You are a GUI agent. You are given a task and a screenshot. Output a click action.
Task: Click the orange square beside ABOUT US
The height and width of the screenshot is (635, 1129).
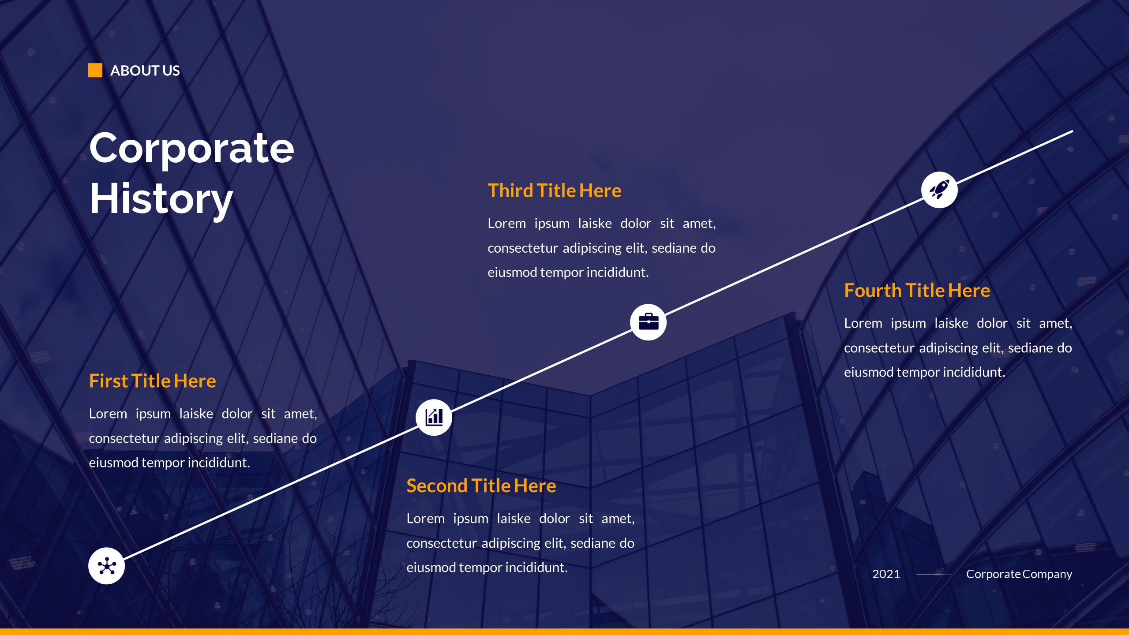coord(95,71)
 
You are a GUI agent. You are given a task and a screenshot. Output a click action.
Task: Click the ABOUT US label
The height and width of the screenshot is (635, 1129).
coord(145,71)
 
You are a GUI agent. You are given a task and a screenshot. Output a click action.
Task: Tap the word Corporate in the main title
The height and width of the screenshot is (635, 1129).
coord(191,148)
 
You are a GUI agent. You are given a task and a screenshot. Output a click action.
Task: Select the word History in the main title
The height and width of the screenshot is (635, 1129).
coord(161,199)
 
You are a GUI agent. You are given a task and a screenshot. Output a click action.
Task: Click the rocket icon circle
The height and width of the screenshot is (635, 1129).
coord(939,190)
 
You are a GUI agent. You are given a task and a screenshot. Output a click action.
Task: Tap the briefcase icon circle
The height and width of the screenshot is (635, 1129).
coord(648,322)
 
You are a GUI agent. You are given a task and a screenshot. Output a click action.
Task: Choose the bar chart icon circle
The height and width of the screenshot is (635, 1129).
coord(434,417)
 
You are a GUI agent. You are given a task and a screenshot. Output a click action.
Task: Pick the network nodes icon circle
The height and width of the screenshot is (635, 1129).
coord(106,566)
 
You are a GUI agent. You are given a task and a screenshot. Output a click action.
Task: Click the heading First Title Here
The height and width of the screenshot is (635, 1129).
coord(152,381)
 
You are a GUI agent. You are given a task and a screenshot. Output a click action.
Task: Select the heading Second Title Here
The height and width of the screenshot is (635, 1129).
coord(481,486)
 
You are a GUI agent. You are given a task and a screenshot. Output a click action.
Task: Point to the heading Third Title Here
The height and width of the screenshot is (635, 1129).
coord(554,191)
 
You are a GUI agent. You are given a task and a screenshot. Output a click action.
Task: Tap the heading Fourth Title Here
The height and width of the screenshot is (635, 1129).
coord(917,291)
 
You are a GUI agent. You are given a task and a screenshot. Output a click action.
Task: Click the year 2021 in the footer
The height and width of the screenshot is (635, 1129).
coord(886,574)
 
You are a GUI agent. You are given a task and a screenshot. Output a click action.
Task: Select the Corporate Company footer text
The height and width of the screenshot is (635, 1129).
coord(1019,574)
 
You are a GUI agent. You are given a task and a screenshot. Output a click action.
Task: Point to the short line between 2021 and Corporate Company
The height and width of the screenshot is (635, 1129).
coord(934,574)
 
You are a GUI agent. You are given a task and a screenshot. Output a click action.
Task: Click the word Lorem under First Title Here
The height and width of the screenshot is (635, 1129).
coord(108,414)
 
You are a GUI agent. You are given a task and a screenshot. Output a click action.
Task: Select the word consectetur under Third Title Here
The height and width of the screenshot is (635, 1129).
coord(522,248)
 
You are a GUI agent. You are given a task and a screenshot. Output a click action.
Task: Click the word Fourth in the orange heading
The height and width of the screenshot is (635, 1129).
coord(872,291)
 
